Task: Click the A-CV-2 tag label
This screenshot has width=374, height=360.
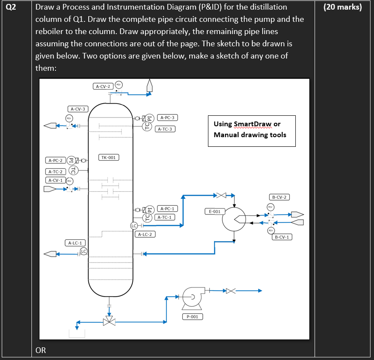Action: click(x=104, y=86)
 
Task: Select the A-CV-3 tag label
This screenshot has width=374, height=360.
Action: click(x=78, y=109)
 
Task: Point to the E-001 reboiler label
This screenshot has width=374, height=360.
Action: click(x=215, y=211)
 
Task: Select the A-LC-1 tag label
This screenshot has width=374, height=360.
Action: click(x=76, y=242)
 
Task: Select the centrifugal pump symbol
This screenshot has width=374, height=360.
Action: click(x=191, y=297)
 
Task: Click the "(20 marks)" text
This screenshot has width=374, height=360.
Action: click(x=344, y=7)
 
